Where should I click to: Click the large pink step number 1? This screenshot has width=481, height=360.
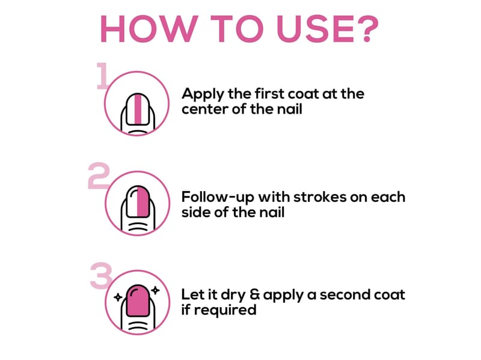tap(102, 76)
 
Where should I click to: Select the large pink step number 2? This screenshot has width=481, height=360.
tap(99, 175)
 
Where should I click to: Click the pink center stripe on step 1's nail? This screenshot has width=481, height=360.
tap(138, 109)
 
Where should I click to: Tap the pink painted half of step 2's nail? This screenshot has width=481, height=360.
tap(143, 201)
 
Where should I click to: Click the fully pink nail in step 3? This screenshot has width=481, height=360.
tap(138, 301)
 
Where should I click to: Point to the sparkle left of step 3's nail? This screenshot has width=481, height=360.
tap(118, 297)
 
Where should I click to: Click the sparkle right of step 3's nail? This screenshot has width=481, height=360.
tap(156, 290)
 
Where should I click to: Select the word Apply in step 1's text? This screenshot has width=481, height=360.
tap(203, 94)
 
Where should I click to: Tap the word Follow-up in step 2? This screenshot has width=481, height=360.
tap(218, 198)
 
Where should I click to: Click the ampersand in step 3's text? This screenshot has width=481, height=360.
tap(254, 294)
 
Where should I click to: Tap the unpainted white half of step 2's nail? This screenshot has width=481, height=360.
tap(132, 201)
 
